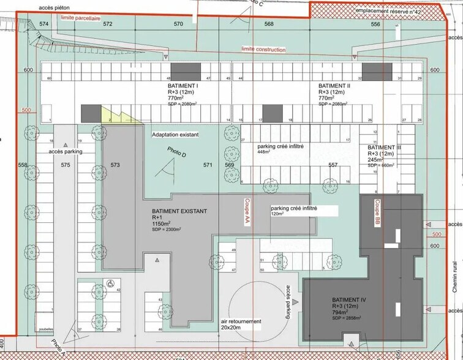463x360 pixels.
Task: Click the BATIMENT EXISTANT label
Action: [x=179, y=211]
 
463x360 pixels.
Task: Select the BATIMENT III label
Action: [x=384, y=148]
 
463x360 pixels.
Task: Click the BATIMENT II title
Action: [x=334, y=86]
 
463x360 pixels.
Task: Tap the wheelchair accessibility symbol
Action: [x=110, y=283]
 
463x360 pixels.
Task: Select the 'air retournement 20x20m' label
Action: [x=241, y=324]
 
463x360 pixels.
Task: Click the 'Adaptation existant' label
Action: [x=176, y=133]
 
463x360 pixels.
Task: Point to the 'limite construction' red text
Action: [x=264, y=49]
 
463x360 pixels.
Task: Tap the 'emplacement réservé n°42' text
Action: [x=388, y=12]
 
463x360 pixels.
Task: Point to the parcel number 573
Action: [x=115, y=165]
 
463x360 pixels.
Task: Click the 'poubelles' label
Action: [x=46, y=329]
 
